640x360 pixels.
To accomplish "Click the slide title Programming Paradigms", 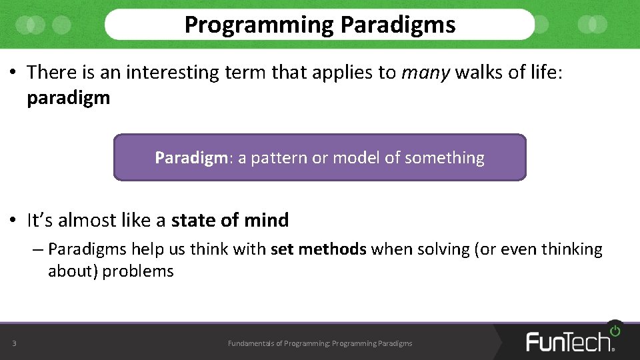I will pos(320,25).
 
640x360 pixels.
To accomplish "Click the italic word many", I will pos(425,73).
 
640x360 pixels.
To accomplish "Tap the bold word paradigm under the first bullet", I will pos(68,98).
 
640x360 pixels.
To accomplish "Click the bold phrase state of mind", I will pos(230,220).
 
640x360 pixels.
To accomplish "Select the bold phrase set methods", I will pos(319,249).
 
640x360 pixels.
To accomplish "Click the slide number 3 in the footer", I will pos(14,343).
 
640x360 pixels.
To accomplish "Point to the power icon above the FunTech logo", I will pos(614,330).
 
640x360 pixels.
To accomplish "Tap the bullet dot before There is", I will pos(13,73).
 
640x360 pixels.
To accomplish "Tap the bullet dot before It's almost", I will pos(13,221).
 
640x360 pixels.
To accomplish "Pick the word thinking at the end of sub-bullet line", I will pos(571,249).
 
